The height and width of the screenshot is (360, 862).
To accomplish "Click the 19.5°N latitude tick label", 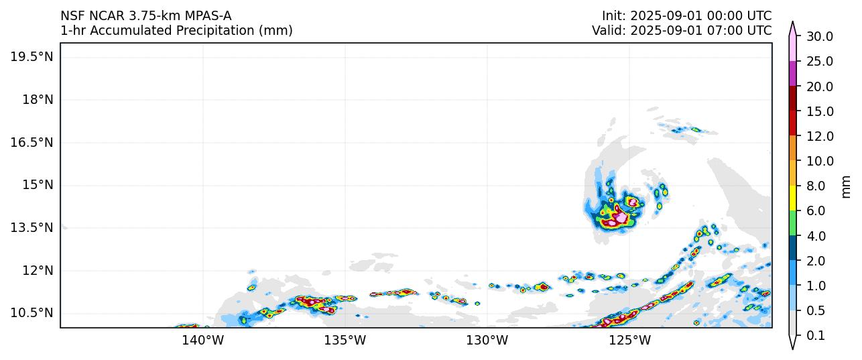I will coord(32,57).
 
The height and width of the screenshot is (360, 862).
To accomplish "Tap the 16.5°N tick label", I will coord(32,142).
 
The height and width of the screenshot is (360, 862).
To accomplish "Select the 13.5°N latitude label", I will coord(32,228).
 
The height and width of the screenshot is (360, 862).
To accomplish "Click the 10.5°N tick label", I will coord(32,313).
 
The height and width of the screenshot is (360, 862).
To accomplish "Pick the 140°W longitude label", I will coord(202,341).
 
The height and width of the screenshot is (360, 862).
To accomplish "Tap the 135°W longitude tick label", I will coord(345,341).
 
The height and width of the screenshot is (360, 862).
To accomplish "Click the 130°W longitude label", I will coord(487,341).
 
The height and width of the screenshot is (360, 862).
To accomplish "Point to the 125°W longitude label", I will coord(630,341).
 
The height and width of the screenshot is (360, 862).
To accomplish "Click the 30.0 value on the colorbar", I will coord(820,37).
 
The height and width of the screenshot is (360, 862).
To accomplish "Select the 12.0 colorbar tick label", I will coord(820,137).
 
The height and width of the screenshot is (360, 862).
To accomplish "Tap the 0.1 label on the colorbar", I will coord(816,336).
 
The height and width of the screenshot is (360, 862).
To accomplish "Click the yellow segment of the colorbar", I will coord(793,198).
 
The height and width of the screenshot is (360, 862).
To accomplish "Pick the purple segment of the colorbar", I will coord(793,74).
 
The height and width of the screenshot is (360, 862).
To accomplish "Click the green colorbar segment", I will coord(793,223).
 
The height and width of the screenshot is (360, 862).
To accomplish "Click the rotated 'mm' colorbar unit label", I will coord(846,186).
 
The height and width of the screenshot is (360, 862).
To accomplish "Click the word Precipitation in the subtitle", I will coord(216,31).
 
